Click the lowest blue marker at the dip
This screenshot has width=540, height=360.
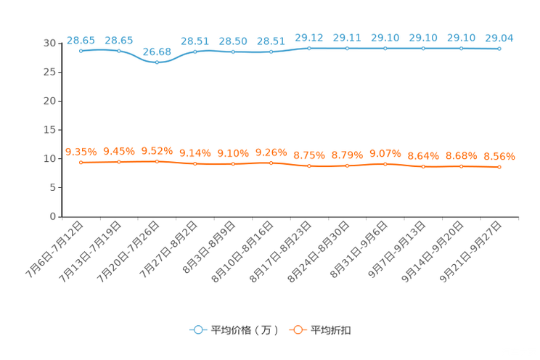(x=157, y=62)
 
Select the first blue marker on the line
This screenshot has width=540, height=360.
(x=81, y=51)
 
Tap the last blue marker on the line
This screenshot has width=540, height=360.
(x=499, y=49)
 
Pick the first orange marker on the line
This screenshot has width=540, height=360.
(x=81, y=162)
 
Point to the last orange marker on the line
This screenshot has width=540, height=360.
(x=499, y=167)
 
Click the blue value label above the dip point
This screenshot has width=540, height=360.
(x=157, y=51)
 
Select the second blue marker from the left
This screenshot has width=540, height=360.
(x=118, y=51)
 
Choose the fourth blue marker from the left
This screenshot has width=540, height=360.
(x=195, y=52)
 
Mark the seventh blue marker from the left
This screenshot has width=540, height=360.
(x=309, y=48)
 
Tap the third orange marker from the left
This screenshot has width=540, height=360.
(x=157, y=161)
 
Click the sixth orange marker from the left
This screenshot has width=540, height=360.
(x=271, y=163)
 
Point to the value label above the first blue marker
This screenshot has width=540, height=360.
(x=81, y=39)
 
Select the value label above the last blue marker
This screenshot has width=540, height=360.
(x=499, y=37)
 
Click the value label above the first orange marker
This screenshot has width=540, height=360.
(x=81, y=151)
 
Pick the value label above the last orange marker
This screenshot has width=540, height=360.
(x=499, y=156)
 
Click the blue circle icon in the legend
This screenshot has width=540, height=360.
(x=197, y=330)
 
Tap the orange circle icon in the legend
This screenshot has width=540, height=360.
(x=296, y=330)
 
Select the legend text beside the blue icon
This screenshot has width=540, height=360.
(x=245, y=330)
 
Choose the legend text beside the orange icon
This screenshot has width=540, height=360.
(x=332, y=330)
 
